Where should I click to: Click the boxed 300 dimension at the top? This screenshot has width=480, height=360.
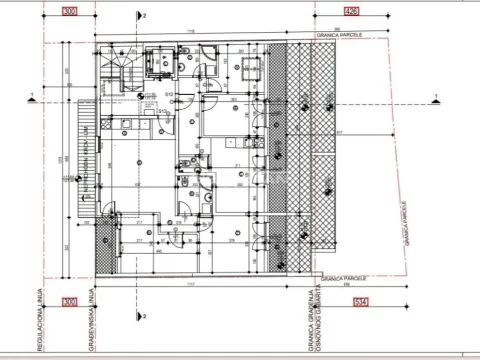click(x=69, y=12)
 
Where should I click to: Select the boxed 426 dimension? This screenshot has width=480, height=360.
click(x=351, y=12)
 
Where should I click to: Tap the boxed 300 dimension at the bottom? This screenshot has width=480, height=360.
click(x=69, y=302)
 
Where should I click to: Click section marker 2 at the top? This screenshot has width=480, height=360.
click(x=144, y=17)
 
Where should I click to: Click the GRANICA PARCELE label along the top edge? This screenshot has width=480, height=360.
click(x=339, y=32)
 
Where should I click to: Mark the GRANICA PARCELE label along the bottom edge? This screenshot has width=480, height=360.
click(x=339, y=278)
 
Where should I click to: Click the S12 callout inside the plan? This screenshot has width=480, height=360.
click(x=171, y=93)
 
